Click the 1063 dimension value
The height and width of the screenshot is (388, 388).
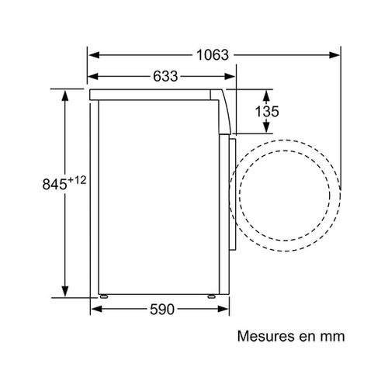tap(213, 56)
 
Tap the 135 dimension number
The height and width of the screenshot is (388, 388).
tap(266, 112)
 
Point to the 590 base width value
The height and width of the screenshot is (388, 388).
tap(162, 310)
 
